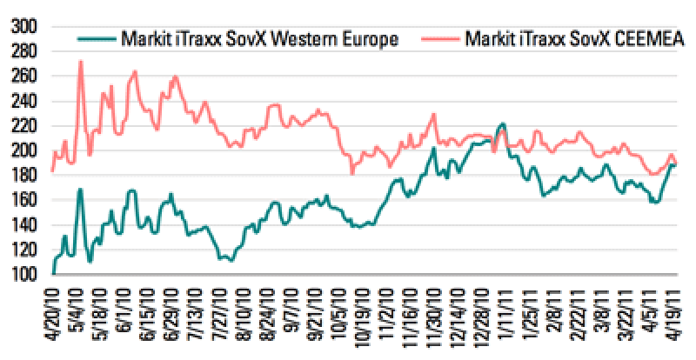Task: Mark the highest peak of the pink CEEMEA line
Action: click(x=80, y=62)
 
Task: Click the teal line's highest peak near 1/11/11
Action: click(x=503, y=124)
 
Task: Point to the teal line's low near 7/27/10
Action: click(x=230, y=260)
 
